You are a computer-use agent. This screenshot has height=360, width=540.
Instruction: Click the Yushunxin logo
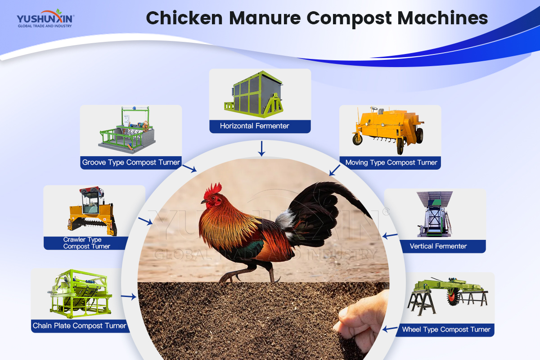pyautogui.click(x=45, y=18)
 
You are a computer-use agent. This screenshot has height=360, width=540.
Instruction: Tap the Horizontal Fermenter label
pyautogui.click(x=254, y=126)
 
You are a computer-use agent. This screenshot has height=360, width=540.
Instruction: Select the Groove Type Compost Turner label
pyautogui.click(x=131, y=162)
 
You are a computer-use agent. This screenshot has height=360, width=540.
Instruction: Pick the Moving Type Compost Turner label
pyautogui.click(x=391, y=162)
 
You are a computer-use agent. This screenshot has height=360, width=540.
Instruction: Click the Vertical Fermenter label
pyautogui.click(x=438, y=246)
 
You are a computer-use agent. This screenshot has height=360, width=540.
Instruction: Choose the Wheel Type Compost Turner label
pyautogui.click(x=446, y=329)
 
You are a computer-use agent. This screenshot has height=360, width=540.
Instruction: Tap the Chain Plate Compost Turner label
pyautogui.click(x=79, y=326)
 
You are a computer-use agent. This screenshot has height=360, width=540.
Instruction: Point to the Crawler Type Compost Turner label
pyautogui.click(x=86, y=243)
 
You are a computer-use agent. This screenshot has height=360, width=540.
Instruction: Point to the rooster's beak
pyautogui.click(x=204, y=202)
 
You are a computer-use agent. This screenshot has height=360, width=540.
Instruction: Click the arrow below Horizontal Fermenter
pyautogui.click(x=261, y=148)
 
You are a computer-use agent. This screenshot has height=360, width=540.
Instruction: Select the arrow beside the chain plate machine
pyautogui.click(x=129, y=297)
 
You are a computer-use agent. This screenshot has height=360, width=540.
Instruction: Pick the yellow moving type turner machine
pyautogui.click(x=387, y=130)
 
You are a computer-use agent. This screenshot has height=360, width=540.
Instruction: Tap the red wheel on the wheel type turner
pyautogui.click(x=453, y=297)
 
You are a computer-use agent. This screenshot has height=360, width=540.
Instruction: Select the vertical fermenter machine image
pyautogui.click(x=434, y=214)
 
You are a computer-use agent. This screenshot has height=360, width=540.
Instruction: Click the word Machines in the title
pyautogui.click(x=443, y=18)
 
